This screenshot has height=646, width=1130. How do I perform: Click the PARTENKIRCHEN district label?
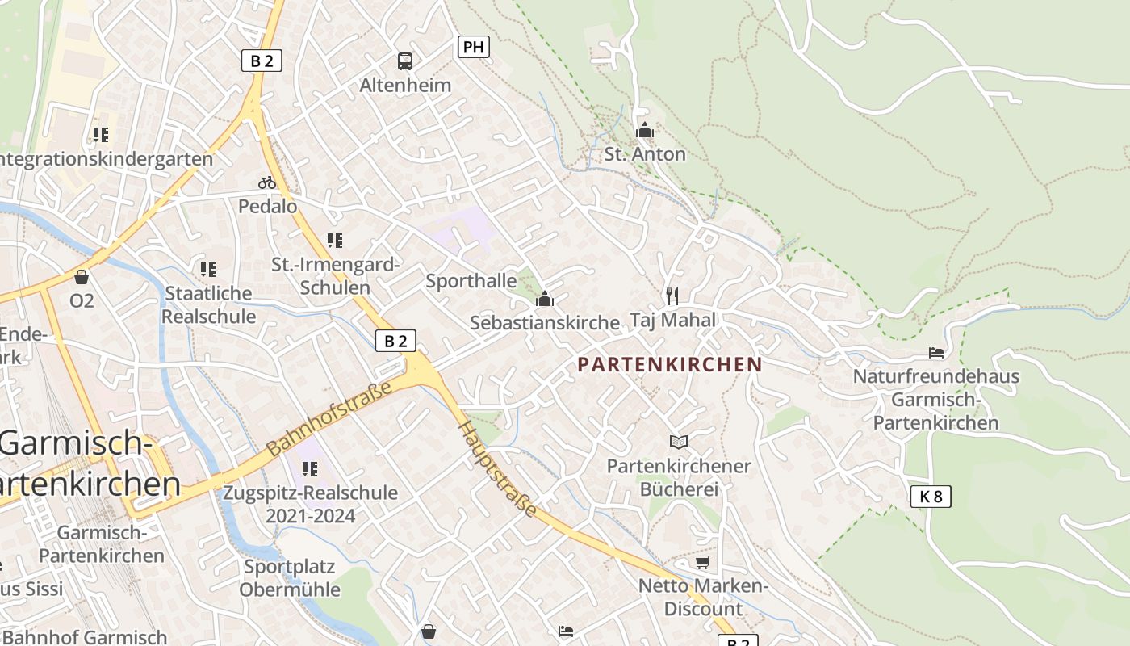670,364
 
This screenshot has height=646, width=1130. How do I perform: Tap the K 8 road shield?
931,496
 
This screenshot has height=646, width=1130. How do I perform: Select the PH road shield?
474,47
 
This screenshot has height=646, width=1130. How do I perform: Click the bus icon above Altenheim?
405,61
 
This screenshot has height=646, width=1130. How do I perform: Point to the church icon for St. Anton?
644,130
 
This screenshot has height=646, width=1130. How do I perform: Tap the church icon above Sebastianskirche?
545,300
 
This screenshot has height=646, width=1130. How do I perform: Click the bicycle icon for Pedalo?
267,182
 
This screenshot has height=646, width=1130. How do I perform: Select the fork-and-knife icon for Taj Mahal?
672,296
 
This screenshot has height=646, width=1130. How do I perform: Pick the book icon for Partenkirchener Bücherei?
679,442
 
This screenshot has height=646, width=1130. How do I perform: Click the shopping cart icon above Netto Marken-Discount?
703,561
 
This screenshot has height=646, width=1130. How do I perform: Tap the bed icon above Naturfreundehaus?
936,353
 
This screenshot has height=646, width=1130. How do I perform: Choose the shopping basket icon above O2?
82,277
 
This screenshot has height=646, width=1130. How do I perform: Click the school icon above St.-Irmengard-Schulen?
335,240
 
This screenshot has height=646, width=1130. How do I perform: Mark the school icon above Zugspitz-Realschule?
310,468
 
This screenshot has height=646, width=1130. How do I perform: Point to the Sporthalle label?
471,281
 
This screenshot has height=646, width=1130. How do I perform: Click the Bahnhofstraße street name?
329,418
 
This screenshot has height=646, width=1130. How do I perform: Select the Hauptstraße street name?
498,469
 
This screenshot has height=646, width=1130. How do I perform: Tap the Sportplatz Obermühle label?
290,577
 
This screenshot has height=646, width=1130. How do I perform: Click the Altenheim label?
405,85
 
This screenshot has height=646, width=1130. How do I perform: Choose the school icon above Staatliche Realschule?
208,269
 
